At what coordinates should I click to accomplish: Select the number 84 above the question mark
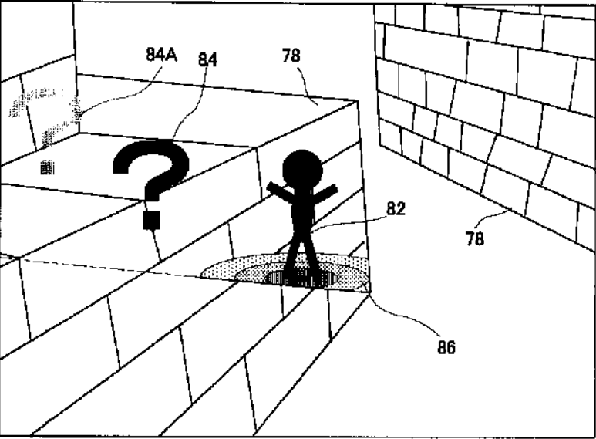coord(209,59)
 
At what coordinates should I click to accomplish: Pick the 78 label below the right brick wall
coord(475,239)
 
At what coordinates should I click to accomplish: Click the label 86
coord(445,347)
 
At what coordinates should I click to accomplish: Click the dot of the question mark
coord(152,219)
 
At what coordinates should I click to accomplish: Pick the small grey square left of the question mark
coord(48,167)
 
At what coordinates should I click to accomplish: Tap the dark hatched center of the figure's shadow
coord(301,278)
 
